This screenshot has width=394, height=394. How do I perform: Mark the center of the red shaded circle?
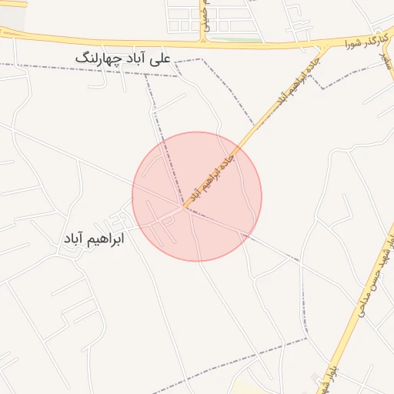[197, 196]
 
